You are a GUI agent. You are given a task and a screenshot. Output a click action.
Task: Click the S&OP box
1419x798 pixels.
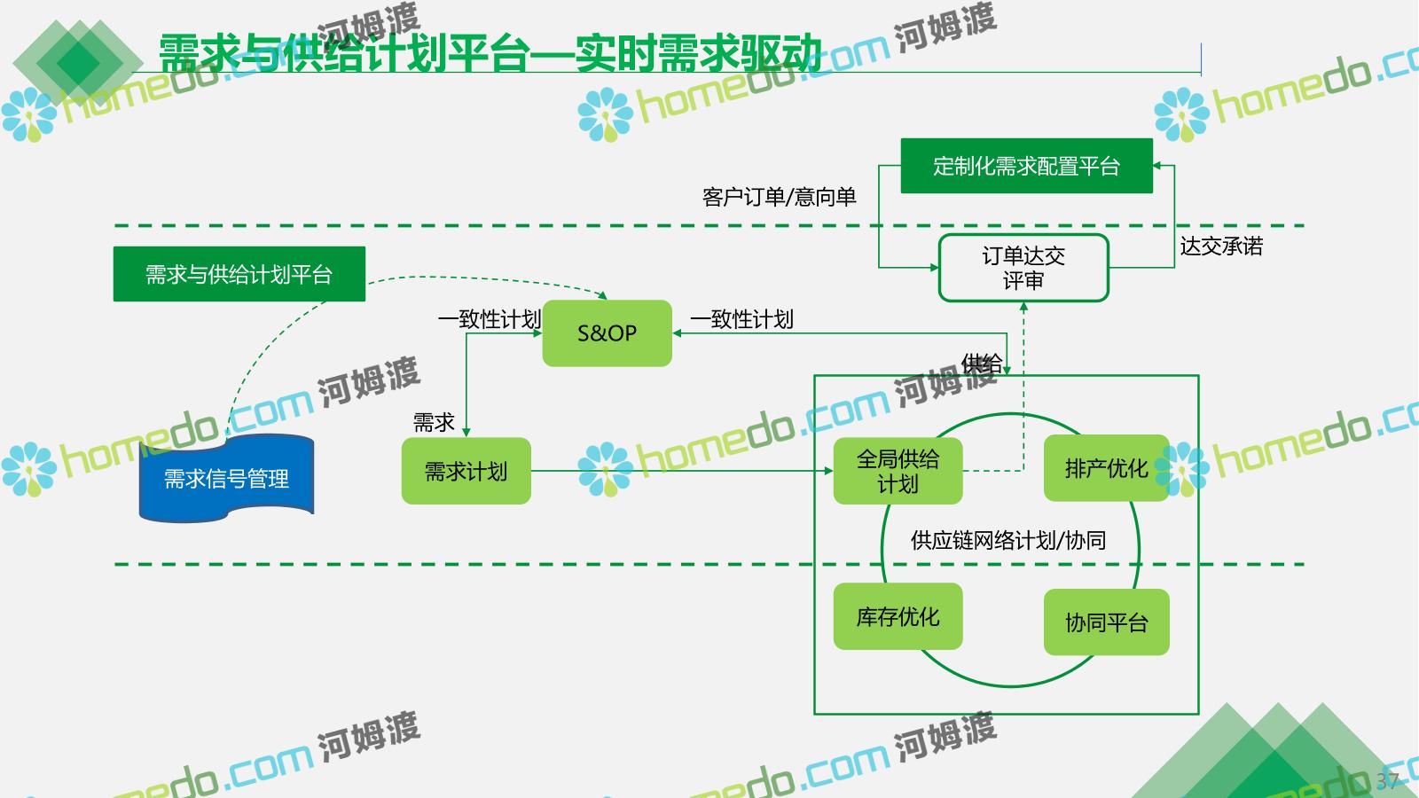click(607, 333)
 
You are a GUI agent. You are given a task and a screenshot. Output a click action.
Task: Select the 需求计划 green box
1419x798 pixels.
click(466, 471)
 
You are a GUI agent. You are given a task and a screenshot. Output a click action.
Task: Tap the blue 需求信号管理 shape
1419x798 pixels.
click(227, 479)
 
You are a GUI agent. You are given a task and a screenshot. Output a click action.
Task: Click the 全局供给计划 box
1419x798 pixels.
click(898, 471)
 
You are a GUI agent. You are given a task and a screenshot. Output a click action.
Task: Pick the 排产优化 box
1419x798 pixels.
click(1106, 468)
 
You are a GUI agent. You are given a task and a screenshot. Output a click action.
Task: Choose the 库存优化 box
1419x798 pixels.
click(898, 616)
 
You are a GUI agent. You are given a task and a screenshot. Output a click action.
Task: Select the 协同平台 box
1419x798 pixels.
click(1106, 622)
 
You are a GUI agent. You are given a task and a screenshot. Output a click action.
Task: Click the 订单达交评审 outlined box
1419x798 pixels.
click(1023, 268)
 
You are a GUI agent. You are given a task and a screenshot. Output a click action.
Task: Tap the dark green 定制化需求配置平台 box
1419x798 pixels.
click(1026, 166)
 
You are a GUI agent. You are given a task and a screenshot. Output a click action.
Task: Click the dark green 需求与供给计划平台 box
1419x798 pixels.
click(239, 274)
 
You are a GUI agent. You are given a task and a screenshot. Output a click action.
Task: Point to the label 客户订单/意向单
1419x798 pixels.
click(779, 197)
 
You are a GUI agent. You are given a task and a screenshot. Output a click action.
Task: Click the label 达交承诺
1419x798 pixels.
click(1220, 246)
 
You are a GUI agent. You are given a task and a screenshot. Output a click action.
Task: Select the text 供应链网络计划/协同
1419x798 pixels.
click(1008, 540)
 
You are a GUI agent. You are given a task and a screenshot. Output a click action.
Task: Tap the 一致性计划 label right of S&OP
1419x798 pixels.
click(741, 319)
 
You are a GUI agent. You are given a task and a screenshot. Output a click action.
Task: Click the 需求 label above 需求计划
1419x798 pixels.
click(434, 422)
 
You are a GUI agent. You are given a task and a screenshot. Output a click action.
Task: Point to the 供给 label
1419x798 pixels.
click(982, 363)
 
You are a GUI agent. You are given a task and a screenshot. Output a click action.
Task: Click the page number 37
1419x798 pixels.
click(1387, 780)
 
